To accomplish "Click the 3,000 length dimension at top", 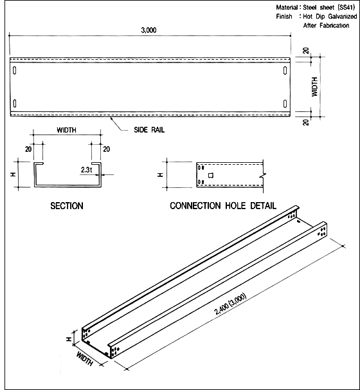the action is click(148, 30).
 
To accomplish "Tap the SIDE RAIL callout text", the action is click(149, 130).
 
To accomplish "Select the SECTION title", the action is click(67, 206).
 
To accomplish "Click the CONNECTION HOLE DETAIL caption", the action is click(223, 206).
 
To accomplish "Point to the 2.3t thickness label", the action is click(86, 170).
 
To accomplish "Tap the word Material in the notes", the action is click(287, 8).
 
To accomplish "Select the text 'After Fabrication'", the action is click(326, 25).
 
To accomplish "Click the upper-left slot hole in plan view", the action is click(15, 71).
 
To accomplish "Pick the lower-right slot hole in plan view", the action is click(285, 104).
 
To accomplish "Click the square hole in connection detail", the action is click(211, 176).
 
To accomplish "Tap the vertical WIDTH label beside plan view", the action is click(315, 87).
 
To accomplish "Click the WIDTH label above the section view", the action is click(67, 130).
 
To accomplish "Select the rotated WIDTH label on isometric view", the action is click(85, 358).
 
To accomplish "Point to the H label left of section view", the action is click(13, 174).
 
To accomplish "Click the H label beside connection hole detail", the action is click(161, 175).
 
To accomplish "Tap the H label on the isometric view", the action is click(69, 339).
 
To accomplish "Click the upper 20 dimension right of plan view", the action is click(306, 51).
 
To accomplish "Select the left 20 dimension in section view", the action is click(28, 149).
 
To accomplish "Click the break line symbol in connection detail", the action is click(263, 176).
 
